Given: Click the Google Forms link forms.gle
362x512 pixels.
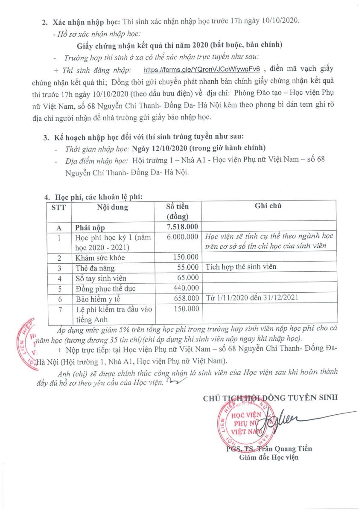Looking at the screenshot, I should tap(202, 70).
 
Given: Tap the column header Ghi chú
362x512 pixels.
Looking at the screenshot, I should tap(268, 206).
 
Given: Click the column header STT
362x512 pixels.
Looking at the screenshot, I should tap(58, 208).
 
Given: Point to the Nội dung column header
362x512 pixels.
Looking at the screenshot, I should tap(112, 208).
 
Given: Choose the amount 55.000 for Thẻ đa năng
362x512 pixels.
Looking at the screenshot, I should tap(189, 268).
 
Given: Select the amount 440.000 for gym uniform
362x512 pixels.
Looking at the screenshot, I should tap(184, 288).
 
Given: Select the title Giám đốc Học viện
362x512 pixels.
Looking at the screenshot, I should tap(268, 457).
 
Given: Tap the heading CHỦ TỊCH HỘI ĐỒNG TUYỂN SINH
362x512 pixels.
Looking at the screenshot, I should tap(270, 397).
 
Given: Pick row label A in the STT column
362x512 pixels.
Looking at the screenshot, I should tap(59, 228).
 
